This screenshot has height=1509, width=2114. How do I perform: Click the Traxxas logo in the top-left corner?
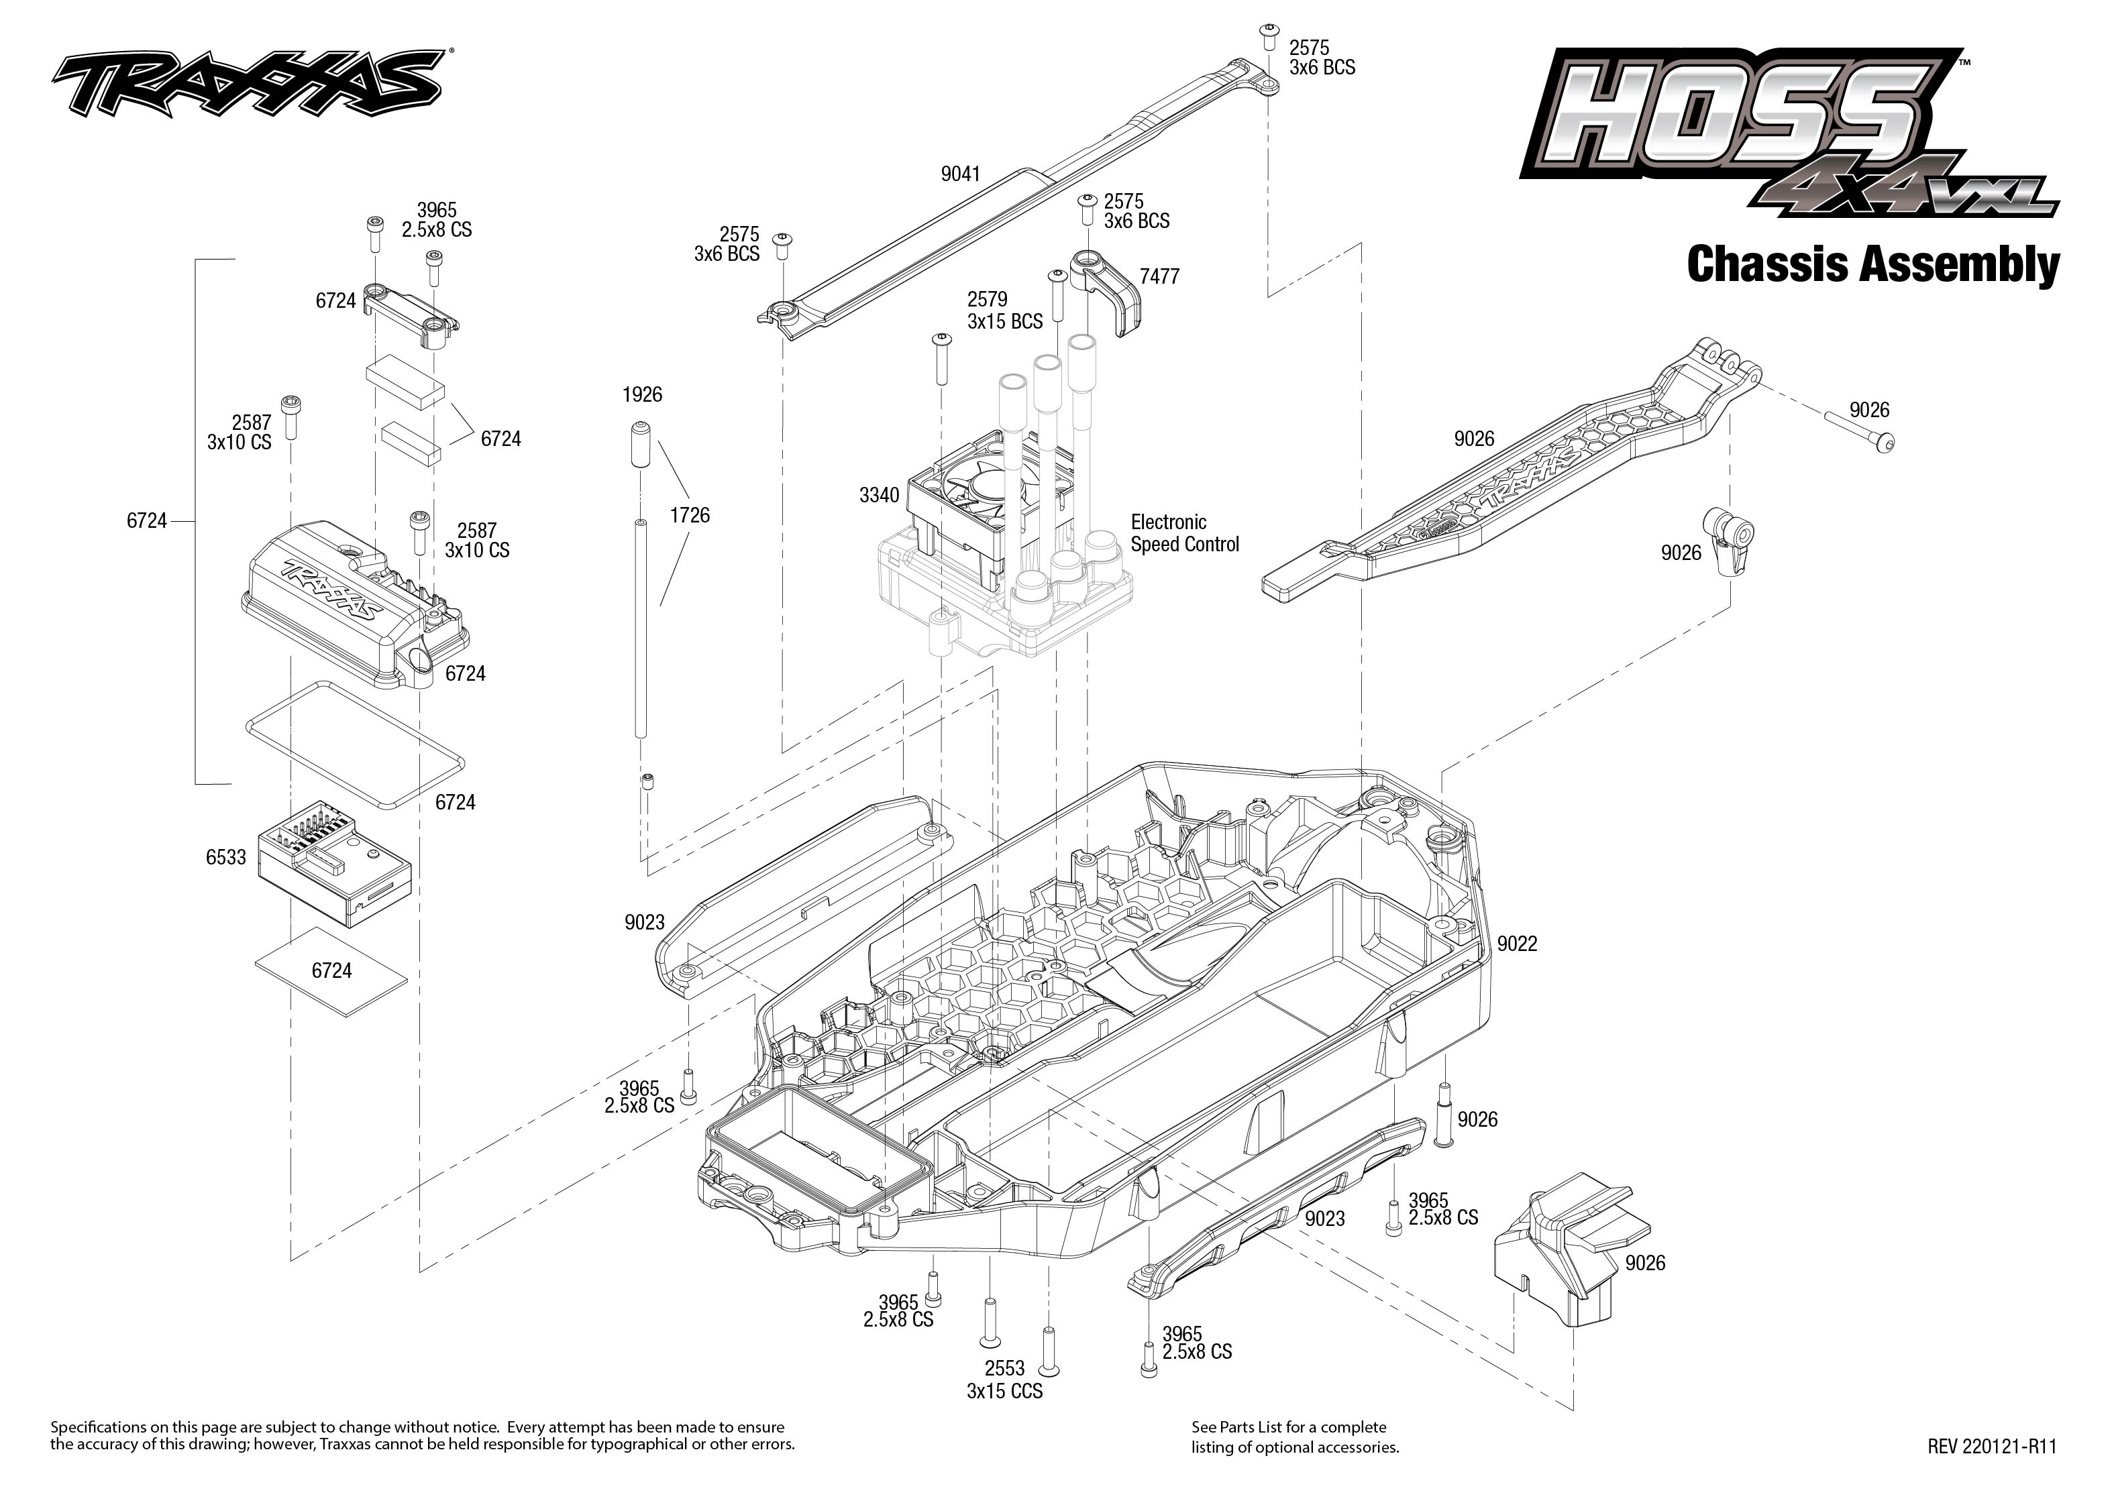246,84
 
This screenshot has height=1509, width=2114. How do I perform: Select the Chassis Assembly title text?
1872,265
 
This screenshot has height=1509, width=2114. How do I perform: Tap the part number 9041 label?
960,174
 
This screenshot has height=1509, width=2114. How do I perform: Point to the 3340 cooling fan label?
879,495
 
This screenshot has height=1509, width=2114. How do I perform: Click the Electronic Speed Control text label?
1184,533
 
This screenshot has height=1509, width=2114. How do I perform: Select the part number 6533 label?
226,856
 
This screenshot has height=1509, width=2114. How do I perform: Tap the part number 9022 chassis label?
1516,944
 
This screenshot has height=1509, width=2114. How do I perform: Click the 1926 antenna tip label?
642,395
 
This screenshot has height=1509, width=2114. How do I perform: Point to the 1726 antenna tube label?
690,515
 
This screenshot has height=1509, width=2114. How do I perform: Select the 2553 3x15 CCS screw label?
1004,1379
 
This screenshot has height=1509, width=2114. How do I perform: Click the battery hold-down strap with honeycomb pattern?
1515,483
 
